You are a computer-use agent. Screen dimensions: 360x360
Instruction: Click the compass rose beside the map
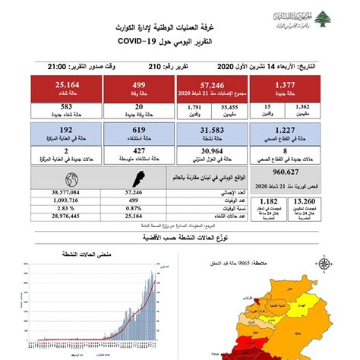pos(327,265)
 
